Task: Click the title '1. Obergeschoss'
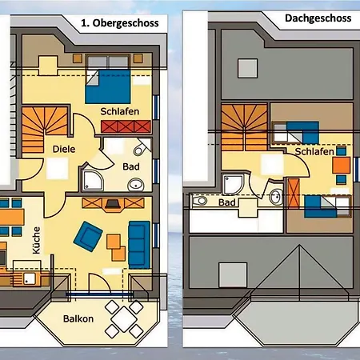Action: pyautogui.click(x=120, y=23)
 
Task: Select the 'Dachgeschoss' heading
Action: pyautogui.click(x=318, y=18)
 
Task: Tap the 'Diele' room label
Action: pyautogui.click(x=64, y=149)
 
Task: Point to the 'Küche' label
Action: pyautogui.click(x=36, y=240)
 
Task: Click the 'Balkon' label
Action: pyautogui.click(x=78, y=318)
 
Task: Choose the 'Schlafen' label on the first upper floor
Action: pyautogui.click(x=120, y=111)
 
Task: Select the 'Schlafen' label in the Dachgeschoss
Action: pyautogui.click(x=314, y=152)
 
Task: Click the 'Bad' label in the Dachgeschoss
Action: pyautogui.click(x=227, y=202)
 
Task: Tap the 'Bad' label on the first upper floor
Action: pyautogui.click(x=131, y=166)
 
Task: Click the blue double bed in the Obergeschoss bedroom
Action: pyautogui.click(x=108, y=86)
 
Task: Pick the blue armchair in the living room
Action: pyautogui.click(x=88, y=237)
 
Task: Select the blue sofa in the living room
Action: pyautogui.click(x=139, y=245)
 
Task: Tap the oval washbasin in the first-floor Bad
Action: pyautogui.click(x=136, y=185)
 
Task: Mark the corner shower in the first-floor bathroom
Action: pyautogui.click(x=93, y=181)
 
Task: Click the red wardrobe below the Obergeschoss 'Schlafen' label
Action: pyautogui.click(x=126, y=126)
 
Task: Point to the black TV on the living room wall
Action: pyautogui.click(x=114, y=204)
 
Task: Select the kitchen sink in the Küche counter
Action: pyautogui.click(x=30, y=278)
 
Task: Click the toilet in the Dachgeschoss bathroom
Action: pyautogui.click(x=200, y=201)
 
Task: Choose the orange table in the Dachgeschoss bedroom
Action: pyautogui.click(x=342, y=166)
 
